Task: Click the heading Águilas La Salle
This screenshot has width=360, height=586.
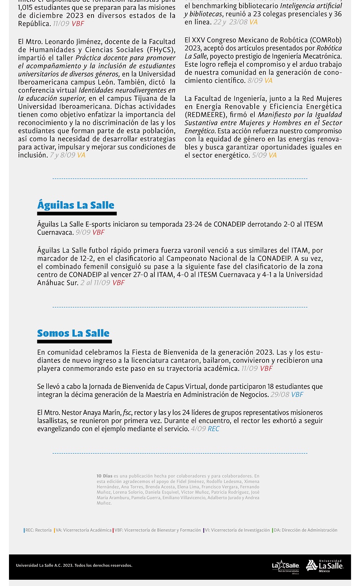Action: click(x=76, y=206)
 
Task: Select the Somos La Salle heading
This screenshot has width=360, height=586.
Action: click(x=73, y=334)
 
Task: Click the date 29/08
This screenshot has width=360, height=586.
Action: click(x=279, y=395)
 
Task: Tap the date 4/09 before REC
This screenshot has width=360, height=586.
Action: click(x=198, y=429)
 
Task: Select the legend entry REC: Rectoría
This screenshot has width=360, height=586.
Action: click(x=38, y=530)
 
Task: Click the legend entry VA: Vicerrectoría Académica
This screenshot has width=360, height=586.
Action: click(x=83, y=530)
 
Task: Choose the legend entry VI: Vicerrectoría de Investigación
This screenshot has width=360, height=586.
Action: click(x=237, y=530)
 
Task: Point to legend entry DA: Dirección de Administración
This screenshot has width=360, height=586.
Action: click(x=306, y=530)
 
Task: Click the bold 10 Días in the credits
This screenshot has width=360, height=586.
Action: click(x=104, y=476)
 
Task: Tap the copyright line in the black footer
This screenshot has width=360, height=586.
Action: click(x=74, y=565)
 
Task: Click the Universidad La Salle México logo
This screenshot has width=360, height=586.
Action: click(x=324, y=565)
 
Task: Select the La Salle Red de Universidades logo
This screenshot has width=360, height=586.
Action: click(x=285, y=566)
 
